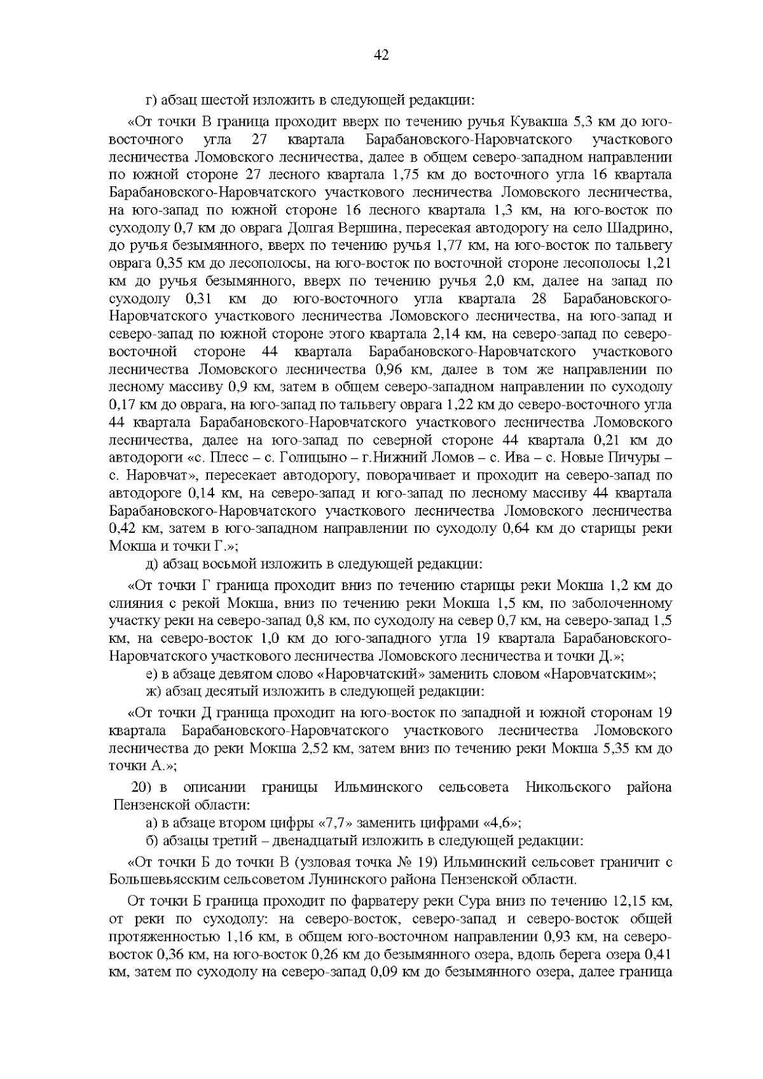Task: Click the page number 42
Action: [x=381, y=55]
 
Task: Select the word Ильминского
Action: [x=378, y=788]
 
